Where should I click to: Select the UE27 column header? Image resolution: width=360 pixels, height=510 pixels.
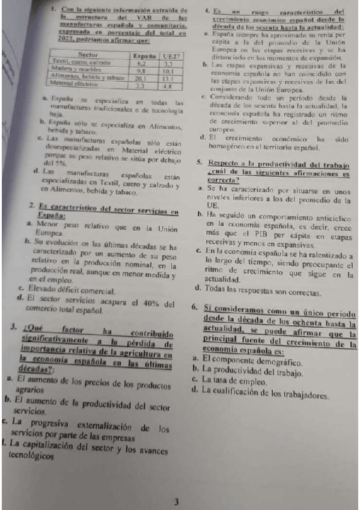[x=171, y=55]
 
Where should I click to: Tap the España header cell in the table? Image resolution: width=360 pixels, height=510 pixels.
[x=145, y=55]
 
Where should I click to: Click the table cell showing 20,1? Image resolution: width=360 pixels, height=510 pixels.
[x=142, y=78]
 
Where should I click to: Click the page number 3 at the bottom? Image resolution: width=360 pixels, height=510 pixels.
[x=176, y=501]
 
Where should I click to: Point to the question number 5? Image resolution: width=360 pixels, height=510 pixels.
[x=199, y=163]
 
